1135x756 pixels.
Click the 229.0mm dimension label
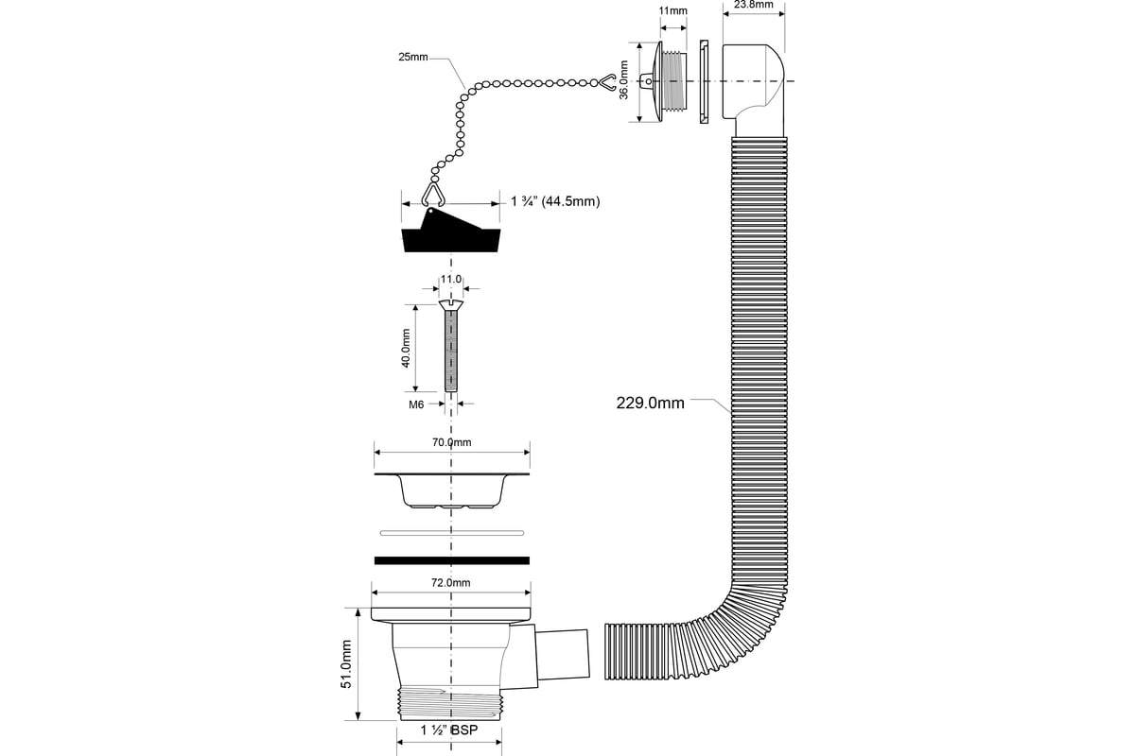(650, 404)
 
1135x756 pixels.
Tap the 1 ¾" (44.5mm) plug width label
(555, 201)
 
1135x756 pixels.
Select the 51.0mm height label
(346, 663)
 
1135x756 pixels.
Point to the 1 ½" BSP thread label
(449, 730)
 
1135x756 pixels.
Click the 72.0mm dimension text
(451, 583)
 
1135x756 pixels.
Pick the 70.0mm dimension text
(451, 442)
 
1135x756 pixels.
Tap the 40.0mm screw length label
(406, 349)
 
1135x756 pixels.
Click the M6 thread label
(416, 404)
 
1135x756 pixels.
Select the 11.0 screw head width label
(451, 279)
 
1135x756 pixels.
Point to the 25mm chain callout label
(413, 57)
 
